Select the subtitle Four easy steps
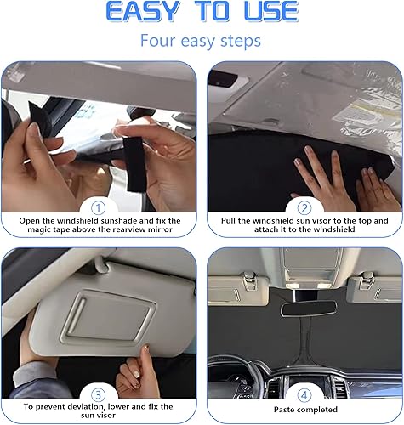click(x=202, y=41)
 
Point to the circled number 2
click(x=303, y=207)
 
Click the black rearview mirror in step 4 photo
click(x=304, y=306)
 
